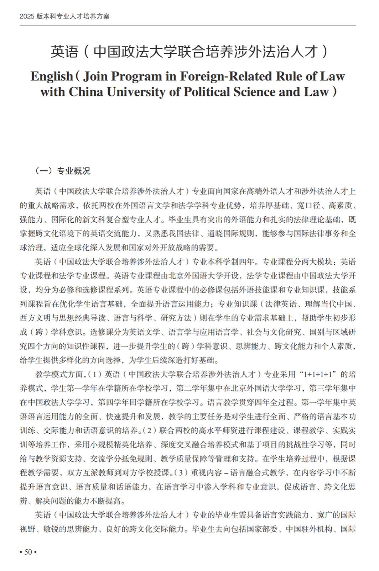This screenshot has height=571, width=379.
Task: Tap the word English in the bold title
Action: (x=51, y=76)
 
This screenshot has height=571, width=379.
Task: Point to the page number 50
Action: (x=28, y=552)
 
